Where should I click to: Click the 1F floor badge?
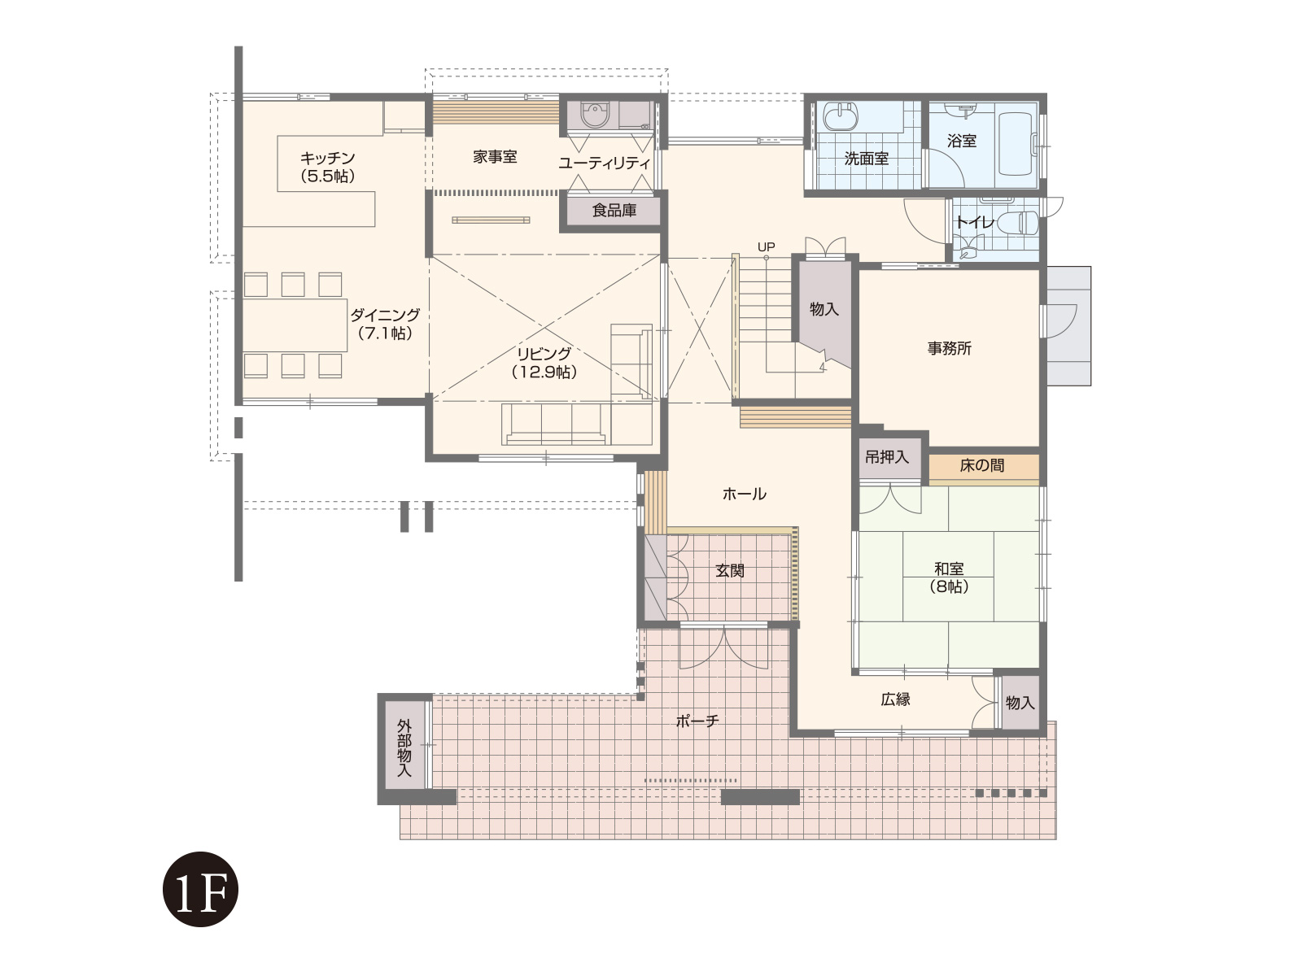(200, 889)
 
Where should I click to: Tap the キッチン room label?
(327, 167)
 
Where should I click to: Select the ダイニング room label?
(385, 324)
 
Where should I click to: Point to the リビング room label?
(544, 363)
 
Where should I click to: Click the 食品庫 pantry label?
(614, 211)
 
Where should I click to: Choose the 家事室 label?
(495, 157)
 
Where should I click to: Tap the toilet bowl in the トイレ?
(1018, 223)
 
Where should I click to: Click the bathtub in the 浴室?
(1019, 143)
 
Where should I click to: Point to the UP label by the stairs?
(766, 246)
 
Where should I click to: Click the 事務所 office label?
(949, 348)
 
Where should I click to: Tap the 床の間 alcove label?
(981, 466)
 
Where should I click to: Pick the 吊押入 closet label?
(887, 457)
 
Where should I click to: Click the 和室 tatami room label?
(949, 577)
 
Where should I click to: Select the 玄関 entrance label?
(730, 571)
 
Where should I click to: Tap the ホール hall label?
(745, 494)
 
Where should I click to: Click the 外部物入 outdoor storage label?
(404, 747)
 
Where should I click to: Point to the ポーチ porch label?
(697, 721)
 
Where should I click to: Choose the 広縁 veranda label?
(895, 699)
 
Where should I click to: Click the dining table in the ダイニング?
(295, 325)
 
